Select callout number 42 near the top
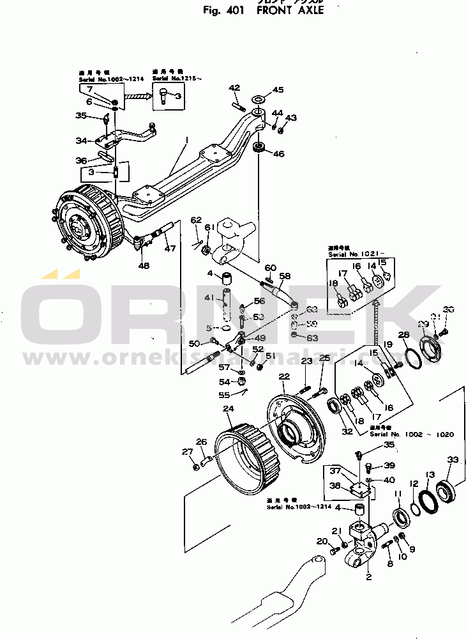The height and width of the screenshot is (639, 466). [x=234, y=88]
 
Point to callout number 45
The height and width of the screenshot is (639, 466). [x=278, y=90]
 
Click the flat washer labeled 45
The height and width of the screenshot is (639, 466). [x=260, y=100]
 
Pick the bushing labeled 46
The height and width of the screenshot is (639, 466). [x=259, y=149]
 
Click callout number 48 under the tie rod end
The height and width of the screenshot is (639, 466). [x=144, y=266]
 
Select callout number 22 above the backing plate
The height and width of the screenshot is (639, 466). [x=285, y=376]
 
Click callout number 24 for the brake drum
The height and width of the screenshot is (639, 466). [x=228, y=409]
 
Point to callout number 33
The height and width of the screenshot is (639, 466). [x=453, y=460]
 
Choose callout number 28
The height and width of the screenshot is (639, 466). [x=403, y=335]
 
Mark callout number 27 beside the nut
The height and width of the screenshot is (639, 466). [x=187, y=452]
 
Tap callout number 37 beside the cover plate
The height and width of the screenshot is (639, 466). [x=335, y=471]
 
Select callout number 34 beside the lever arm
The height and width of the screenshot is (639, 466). [x=81, y=141]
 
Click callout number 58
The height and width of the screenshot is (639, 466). [x=284, y=277]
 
